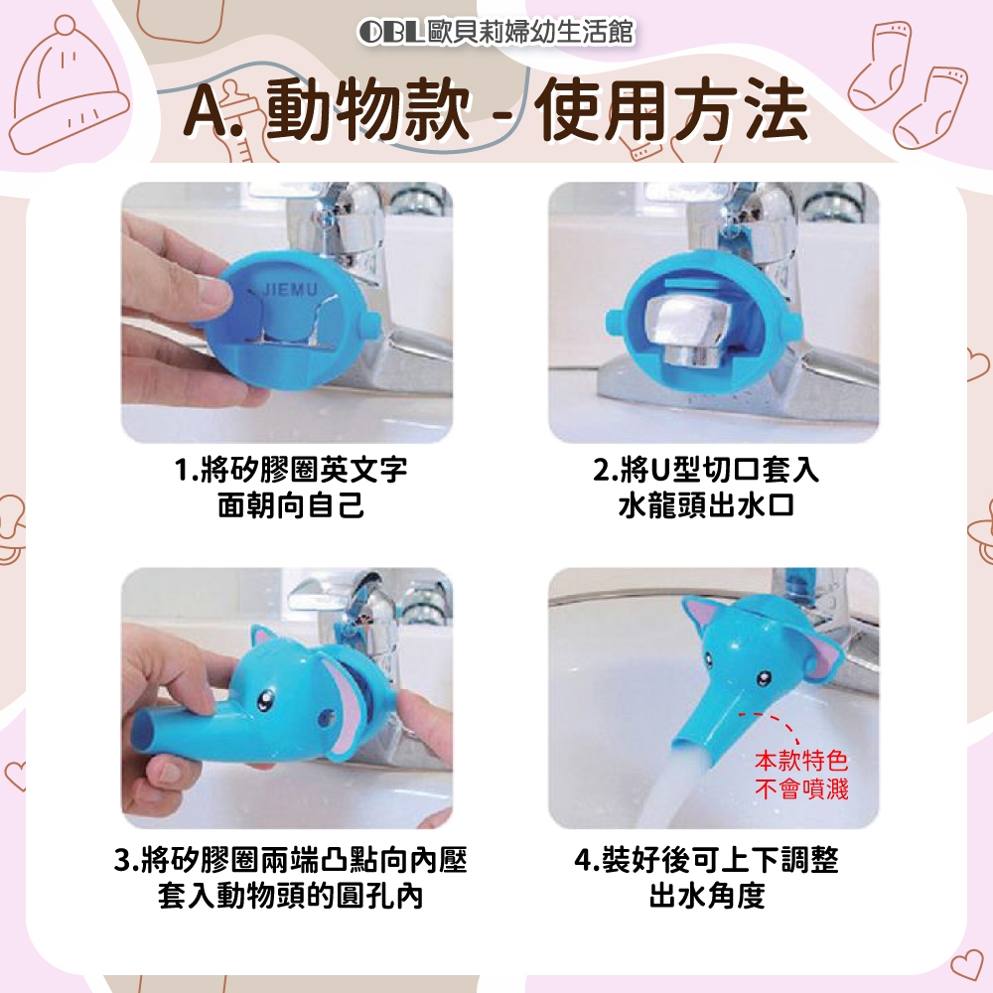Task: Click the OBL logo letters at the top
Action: click(x=390, y=32)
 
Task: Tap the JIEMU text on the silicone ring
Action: click(x=290, y=290)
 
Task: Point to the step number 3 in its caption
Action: click(x=123, y=861)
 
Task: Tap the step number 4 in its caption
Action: click(x=583, y=861)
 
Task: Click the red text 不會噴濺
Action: click(x=801, y=789)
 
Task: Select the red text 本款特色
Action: click(x=801, y=760)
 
